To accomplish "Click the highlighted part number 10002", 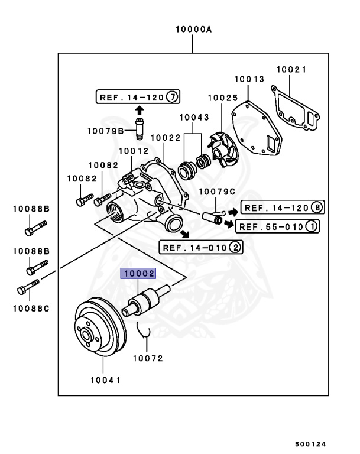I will [x=138, y=274].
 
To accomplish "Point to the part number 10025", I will [x=222, y=97].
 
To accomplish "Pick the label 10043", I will [x=194, y=117].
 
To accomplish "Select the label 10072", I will [x=148, y=358].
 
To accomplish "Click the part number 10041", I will [x=106, y=380].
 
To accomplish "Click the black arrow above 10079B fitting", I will [x=139, y=110].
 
